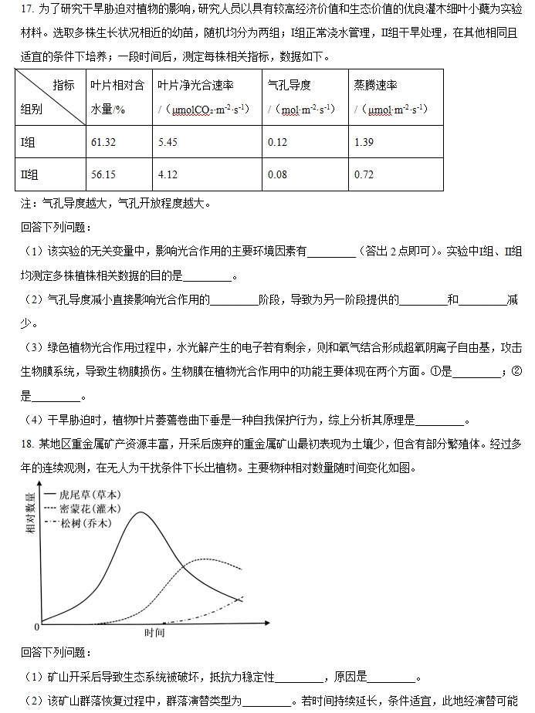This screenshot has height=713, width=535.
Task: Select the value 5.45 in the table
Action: [x=168, y=143]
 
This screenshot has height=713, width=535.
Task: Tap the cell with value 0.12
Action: [x=277, y=143]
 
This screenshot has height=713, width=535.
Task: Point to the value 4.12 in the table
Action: [x=168, y=174]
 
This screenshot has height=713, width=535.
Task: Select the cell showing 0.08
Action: [x=277, y=174]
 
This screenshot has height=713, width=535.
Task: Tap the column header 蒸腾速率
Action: [x=374, y=85]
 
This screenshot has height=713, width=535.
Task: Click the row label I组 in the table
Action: [x=29, y=143]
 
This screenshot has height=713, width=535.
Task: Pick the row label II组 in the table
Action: [x=29, y=174]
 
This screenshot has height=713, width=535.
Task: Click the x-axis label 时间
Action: [x=154, y=633]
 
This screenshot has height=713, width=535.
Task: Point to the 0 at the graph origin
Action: [x=36, y=626]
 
